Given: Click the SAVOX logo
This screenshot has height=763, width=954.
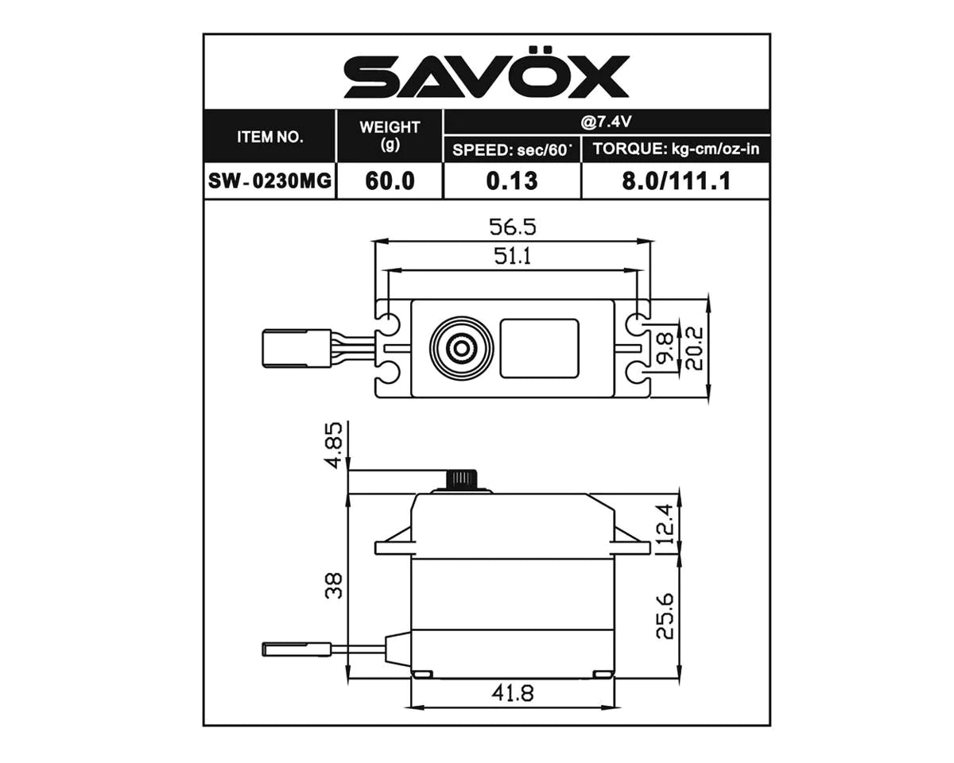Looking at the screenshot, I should click(x=486, y=77).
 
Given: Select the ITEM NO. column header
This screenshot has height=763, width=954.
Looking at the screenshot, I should click(x=270, y=136).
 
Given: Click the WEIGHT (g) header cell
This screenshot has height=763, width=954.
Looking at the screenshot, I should click(x=390, y=136).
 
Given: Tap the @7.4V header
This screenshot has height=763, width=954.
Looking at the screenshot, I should click(x=606, y=122).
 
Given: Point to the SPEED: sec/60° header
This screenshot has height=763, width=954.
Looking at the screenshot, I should click(x=512, y=149).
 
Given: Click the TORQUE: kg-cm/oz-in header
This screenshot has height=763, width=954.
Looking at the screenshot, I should click(x=676, y=149).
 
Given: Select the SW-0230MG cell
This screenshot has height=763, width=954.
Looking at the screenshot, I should click(x=270, y=180).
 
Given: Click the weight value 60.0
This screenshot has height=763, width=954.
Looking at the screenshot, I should click(x=390, y=180).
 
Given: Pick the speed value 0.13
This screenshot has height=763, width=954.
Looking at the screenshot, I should click(x=512, y=180).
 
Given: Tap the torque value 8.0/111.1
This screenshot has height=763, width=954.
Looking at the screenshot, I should click(x=676, y=180).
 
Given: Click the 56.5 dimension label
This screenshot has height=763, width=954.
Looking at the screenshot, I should click(x=512, y=227).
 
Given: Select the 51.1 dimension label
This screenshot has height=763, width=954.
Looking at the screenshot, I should click(x=512, y=257).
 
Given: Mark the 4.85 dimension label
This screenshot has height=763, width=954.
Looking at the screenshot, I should click(x=335, y=445).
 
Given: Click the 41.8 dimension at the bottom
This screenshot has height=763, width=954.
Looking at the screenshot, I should click(x=512, y=694).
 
